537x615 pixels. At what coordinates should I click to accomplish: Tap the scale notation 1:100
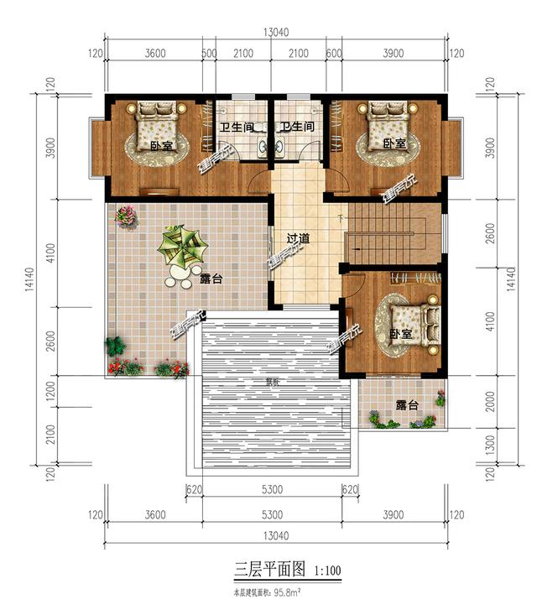(328, 572)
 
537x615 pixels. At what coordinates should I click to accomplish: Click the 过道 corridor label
(298, 239)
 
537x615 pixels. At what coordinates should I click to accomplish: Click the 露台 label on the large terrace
(211, 278)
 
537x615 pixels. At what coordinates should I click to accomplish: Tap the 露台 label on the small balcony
(407, 405)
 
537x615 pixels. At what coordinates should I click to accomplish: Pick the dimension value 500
(209, 54)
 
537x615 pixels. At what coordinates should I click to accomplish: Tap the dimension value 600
(332, 54)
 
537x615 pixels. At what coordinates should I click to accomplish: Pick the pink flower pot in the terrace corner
(126, 216)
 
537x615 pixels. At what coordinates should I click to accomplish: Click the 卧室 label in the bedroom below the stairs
(401, 334)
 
